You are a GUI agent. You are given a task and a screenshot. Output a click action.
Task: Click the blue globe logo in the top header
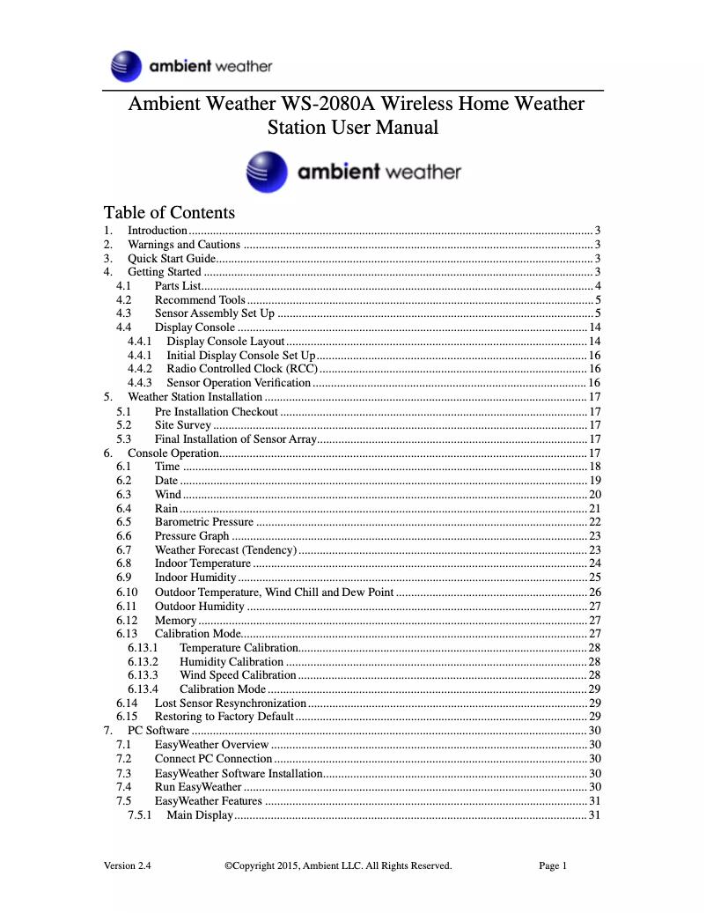pos(127,67)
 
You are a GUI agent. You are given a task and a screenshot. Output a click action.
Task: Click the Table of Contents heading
pos(169,212)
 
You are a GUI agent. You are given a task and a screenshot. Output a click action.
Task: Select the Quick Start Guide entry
pos(172,259)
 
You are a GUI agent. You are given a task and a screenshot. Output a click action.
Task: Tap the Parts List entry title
pos(178,286)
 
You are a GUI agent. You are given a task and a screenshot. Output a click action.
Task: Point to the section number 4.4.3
pos(139,383)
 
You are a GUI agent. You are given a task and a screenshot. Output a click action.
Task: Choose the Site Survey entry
pos(183,425)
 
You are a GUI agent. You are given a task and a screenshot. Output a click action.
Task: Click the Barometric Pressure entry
pos(204,522)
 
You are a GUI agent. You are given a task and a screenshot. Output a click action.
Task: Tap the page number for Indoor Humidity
pos(595,578)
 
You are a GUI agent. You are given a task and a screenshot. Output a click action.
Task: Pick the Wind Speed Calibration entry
pos(238,675)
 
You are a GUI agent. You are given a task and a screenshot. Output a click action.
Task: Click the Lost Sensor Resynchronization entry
pos(231,703)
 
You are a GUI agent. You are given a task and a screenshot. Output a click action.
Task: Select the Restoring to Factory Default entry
pos(224,717)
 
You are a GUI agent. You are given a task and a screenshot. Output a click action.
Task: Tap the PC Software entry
pos(158,731)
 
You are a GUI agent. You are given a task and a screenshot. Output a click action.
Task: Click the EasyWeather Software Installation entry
pos(239,773)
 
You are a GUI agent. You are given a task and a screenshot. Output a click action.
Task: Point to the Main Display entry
pos(200,815)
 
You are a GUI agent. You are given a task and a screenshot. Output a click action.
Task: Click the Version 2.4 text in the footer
pos(128,865)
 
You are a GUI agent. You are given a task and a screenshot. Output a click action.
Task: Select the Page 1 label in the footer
pos(553,865)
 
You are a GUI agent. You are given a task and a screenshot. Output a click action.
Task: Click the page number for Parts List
pos(598,286)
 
